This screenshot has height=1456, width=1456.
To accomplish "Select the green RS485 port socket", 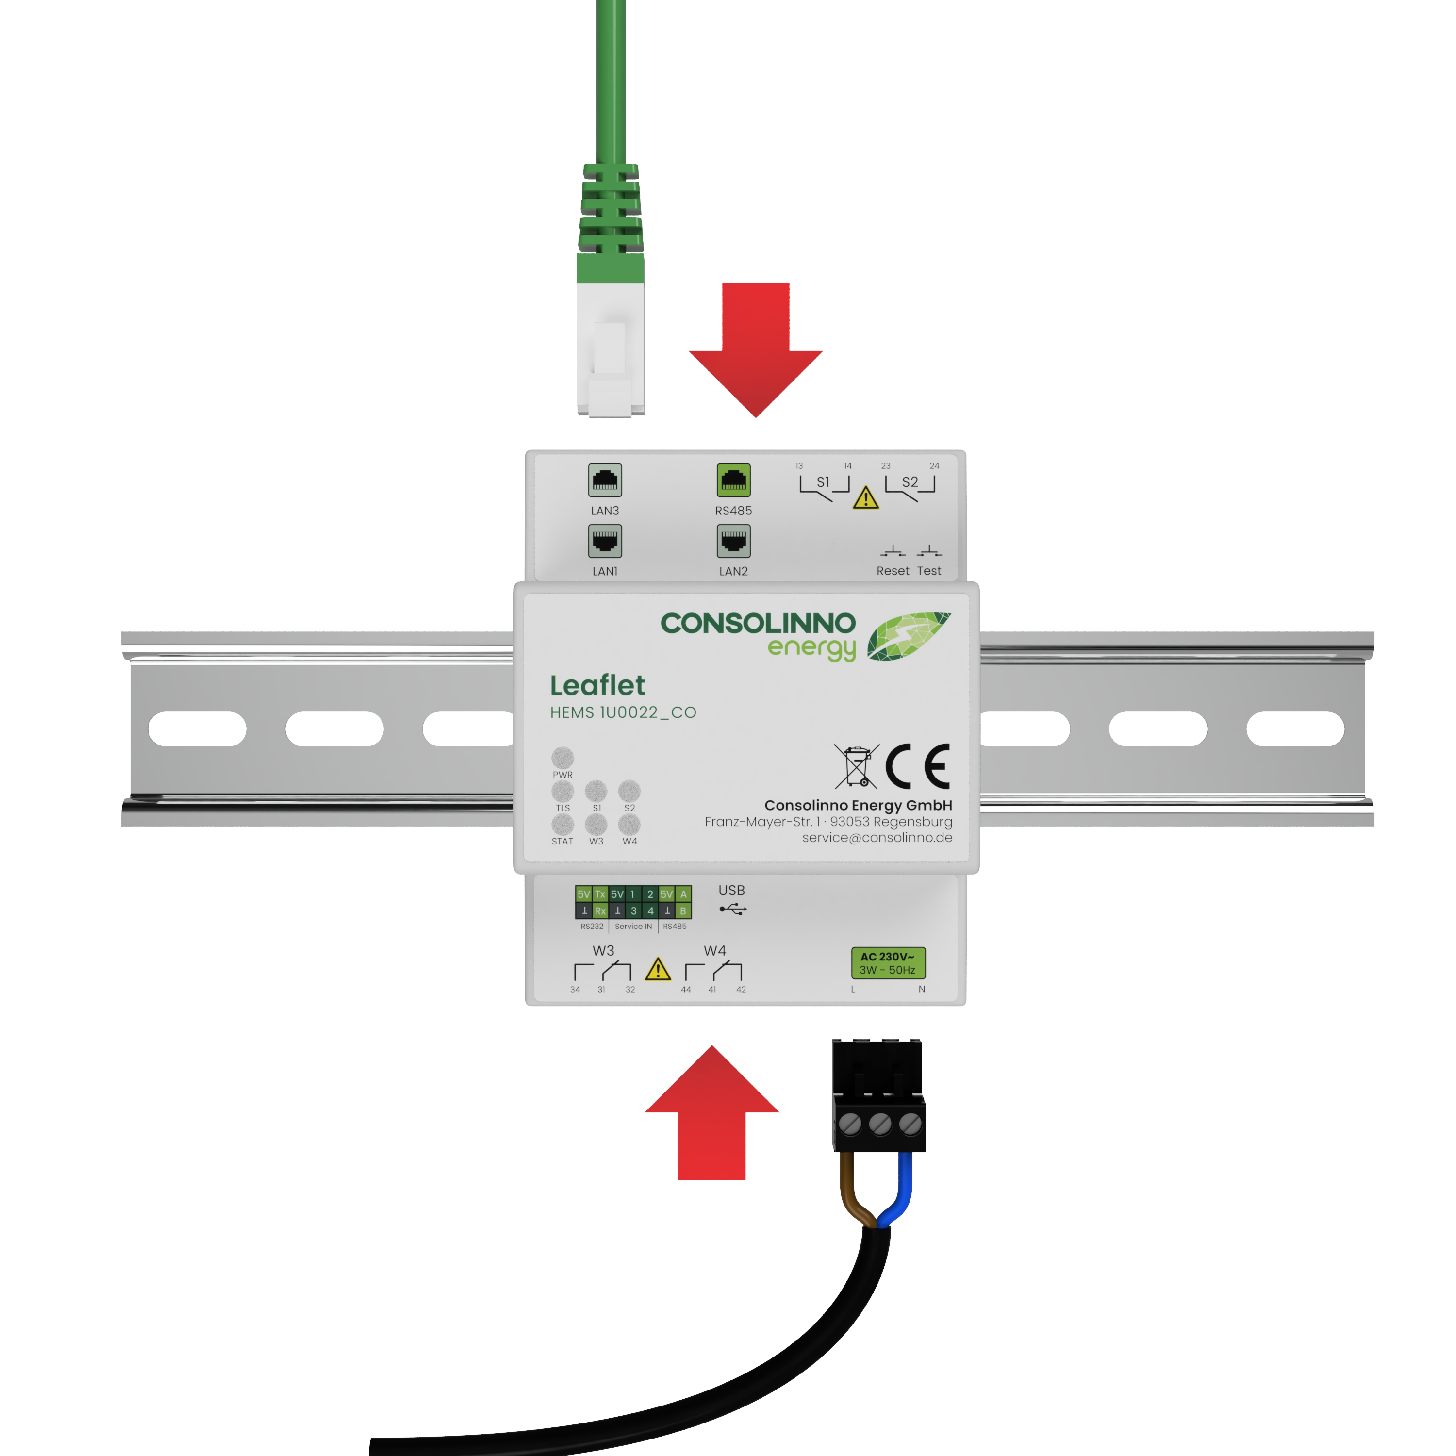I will [x=733, y=480].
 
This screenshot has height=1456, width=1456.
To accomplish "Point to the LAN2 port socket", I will [x=733, y=540].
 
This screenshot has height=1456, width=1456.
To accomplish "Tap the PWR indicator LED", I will [x=562, y=757].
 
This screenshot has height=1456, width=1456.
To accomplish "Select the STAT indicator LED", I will [x=562, y=824].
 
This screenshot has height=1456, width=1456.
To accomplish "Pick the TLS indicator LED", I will [x=562, y=791].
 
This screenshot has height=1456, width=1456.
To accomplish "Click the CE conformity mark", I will [x=917, y=766].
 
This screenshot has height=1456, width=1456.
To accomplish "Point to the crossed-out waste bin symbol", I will [x=856, y=766].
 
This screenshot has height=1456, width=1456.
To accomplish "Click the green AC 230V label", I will [x=888, y=963].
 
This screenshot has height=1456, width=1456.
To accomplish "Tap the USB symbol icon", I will [x=732, y=910].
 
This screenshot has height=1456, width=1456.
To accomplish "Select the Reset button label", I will [x=893, y=570].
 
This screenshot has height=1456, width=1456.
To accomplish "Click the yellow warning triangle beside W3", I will [x=658, y=969].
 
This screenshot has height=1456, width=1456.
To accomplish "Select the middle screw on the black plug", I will [x=879, y=1125].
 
